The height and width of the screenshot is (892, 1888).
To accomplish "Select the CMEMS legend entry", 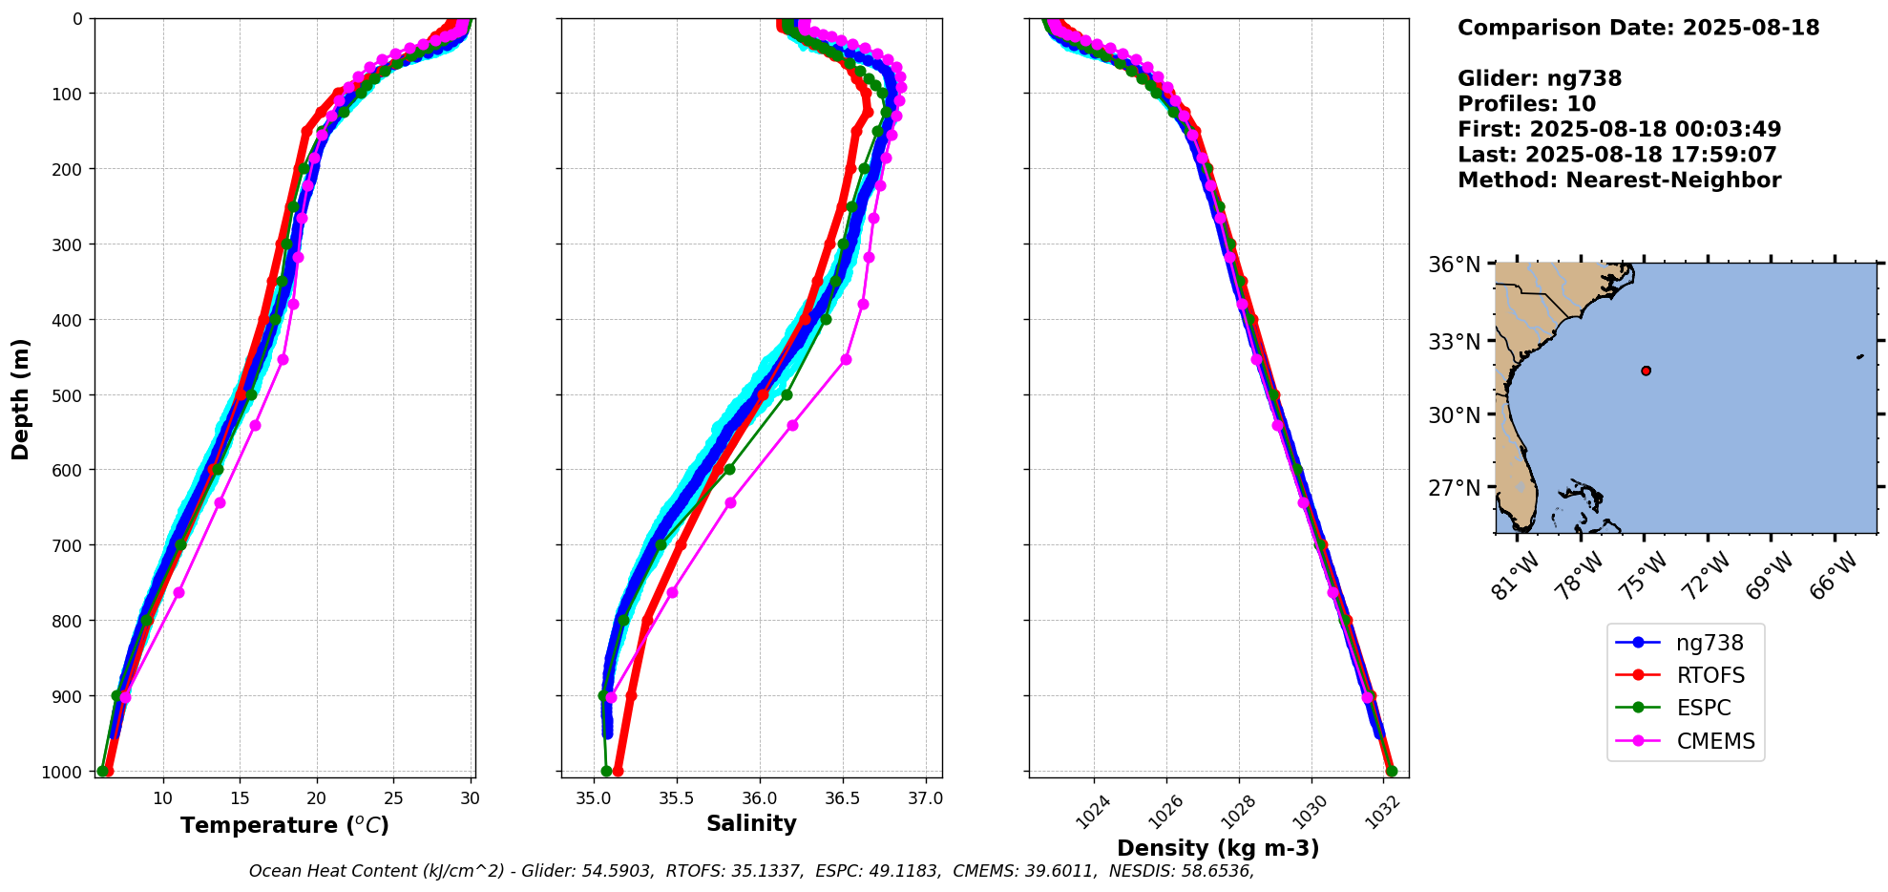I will (x=1715, y=741).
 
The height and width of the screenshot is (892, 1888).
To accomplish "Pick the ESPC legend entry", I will (x=1703, y=709).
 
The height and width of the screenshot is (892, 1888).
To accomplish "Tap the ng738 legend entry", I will (x=1710, y=644).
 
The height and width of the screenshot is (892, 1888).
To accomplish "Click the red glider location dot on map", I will (x=1646, y=371).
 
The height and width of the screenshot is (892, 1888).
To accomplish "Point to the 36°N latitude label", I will (x=1455, y=265).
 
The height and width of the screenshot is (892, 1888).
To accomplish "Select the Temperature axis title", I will (x=284, y=825).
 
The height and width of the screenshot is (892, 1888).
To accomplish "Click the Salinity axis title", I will (x=751, y=823).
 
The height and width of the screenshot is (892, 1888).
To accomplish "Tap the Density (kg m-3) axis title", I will (x=1218, y=848).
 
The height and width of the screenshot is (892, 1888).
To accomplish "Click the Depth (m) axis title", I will (x=21, y=399).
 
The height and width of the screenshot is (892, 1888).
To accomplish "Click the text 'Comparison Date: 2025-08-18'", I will (x=1638, y=28).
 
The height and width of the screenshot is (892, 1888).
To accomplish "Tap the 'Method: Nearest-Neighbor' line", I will (x=1619, y=181).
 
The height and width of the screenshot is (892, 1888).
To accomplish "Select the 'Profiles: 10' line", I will (x=1526, y=104).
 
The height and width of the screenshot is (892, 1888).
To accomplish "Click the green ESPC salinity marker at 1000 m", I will (x=606, y=771).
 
